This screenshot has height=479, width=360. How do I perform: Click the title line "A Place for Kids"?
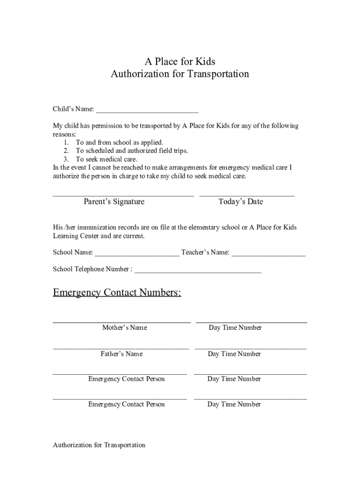180,61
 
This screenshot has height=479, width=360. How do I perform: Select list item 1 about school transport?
119,142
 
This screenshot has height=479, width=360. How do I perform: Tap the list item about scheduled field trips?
131,151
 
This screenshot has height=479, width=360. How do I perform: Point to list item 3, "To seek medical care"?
107,159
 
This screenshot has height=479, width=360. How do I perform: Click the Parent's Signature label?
114,202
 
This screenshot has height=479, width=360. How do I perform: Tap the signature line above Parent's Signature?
123,195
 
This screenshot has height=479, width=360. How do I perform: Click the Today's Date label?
241,202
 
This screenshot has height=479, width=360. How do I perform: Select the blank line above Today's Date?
247,195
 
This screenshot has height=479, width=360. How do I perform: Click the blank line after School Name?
137,255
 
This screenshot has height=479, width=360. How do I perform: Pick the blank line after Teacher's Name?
268,255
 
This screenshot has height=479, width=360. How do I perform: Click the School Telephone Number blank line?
198,272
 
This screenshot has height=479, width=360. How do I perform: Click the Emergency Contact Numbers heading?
117,293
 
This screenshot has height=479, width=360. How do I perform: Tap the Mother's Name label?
124,327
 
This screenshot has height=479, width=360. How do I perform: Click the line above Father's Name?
121,348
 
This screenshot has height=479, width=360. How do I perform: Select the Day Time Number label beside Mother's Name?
235,327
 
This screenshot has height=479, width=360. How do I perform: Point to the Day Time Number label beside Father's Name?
234,354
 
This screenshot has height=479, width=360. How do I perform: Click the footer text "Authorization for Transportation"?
99,445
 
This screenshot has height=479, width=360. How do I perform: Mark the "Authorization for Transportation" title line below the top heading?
180,74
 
